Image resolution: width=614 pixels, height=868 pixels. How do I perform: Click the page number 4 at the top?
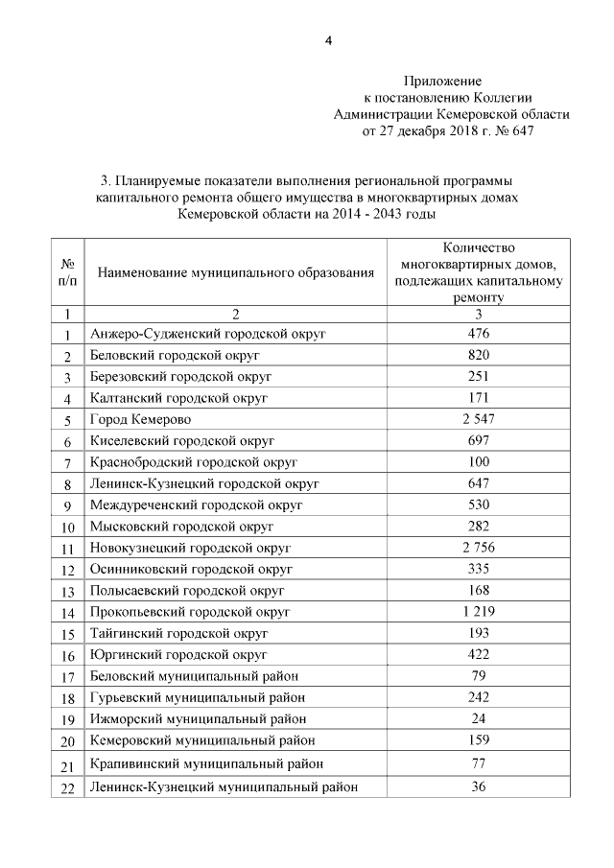tap(328, 39)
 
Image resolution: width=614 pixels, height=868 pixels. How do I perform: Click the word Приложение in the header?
tap(441, 82)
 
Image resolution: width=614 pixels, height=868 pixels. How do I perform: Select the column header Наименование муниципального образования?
tap(235, 273)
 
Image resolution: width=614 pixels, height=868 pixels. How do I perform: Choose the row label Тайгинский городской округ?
tap(178, 634)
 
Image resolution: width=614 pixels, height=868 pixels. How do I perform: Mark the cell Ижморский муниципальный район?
tap(199, 718)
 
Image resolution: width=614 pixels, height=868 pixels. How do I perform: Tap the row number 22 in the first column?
tap(67, 788)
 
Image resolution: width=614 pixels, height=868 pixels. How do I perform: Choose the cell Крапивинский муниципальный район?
tap(206, 763)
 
